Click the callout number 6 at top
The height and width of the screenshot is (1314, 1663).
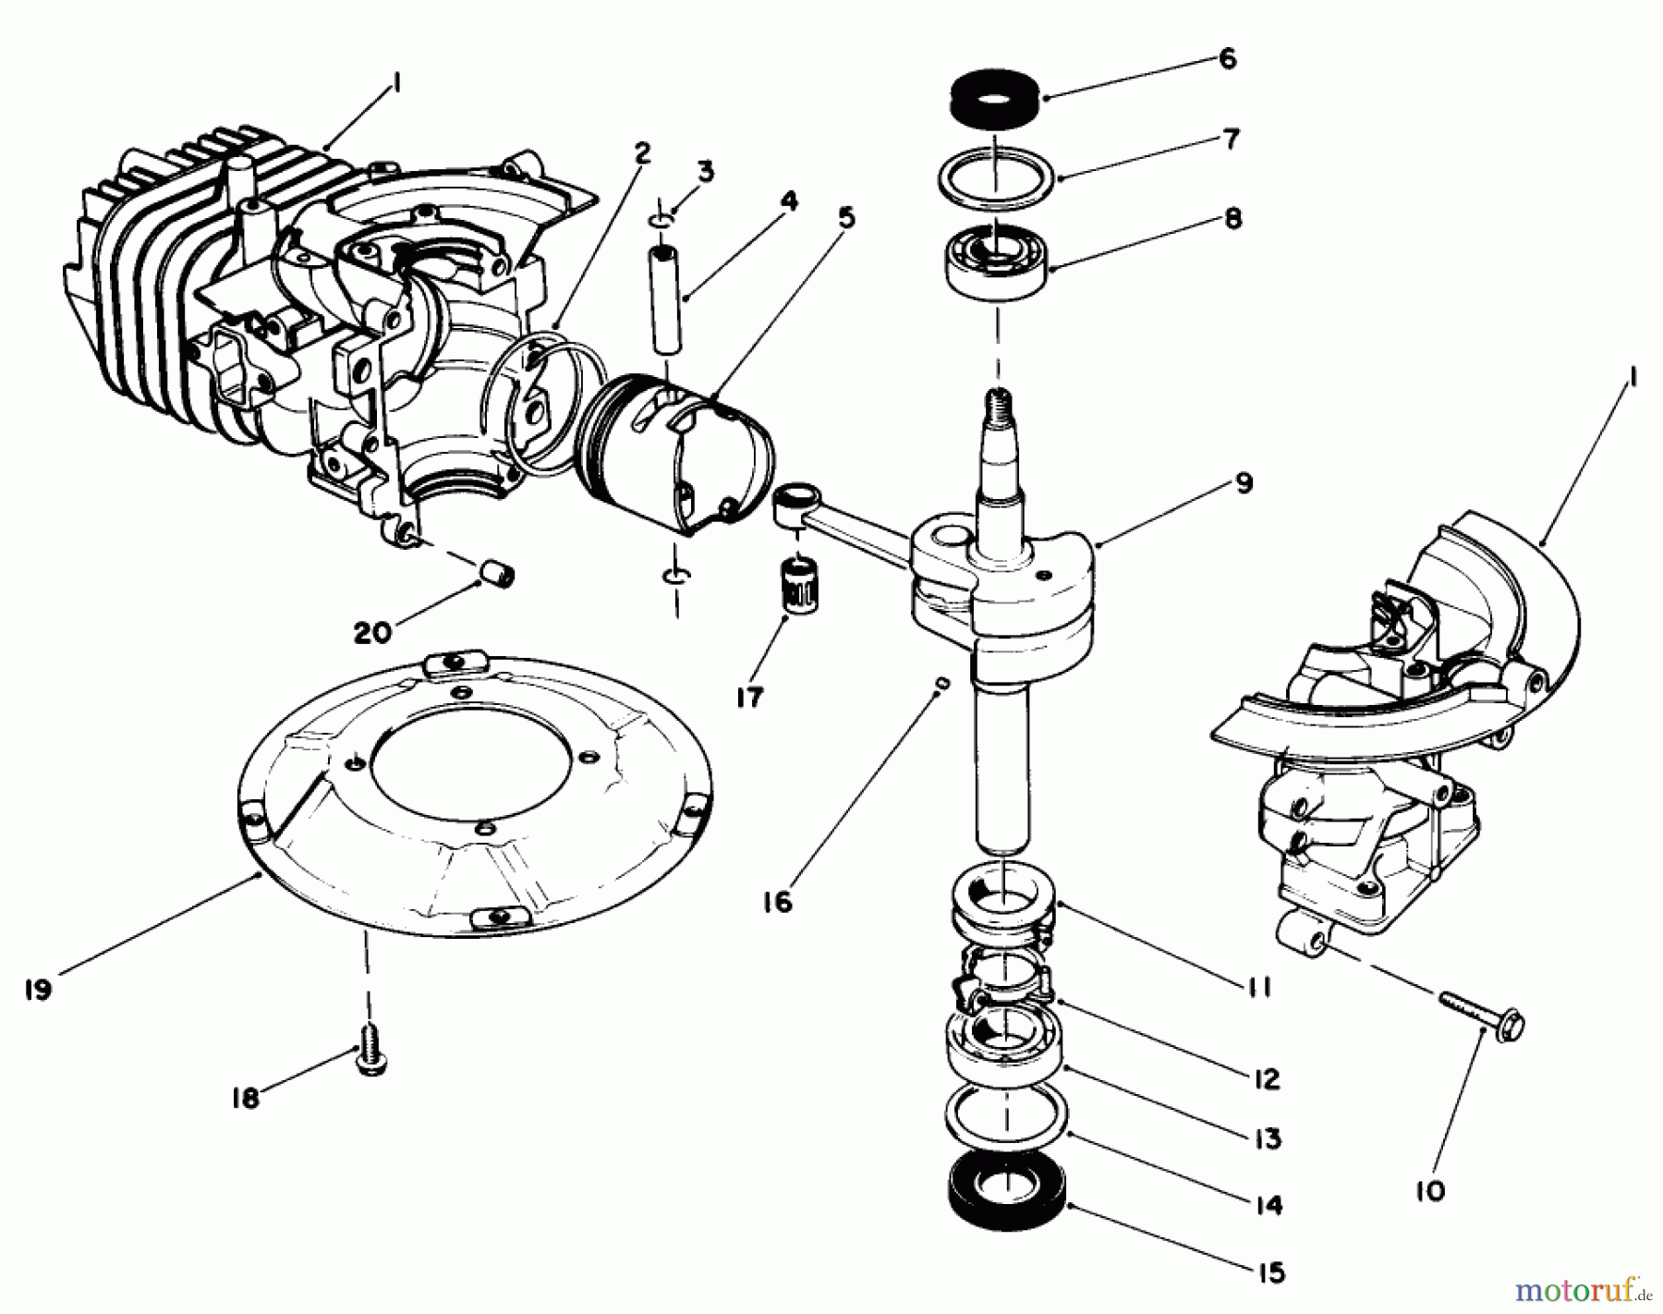pyautogui.click(x=1227, y=58)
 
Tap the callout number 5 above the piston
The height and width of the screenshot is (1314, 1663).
pyautogui.click(x=846, y=217)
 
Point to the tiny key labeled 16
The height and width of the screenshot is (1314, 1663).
pyautogui.click(x=943, y=682)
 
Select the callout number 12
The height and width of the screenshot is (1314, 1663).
pyautogui.click(x=1267, y=1078)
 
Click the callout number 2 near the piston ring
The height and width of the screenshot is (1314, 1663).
pyautogui.click(x=642, y=152)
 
